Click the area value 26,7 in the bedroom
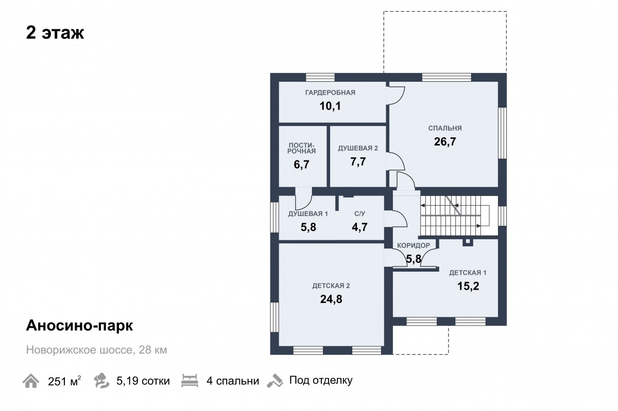445,141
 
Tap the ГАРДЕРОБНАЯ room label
330,93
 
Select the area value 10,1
330,106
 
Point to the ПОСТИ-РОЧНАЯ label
302,148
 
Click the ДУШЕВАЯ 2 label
358,148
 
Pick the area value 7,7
358,162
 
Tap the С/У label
360,213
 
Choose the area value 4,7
360,227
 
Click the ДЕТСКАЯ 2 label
331,286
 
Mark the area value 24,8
331,299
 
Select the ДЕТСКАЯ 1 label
468,273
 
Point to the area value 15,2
468,286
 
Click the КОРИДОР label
414,245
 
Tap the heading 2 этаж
55,33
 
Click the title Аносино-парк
79,326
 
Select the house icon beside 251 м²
30,381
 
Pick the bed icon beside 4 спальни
190,381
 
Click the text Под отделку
321,381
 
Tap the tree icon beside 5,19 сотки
101,381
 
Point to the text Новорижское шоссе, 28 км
97,350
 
